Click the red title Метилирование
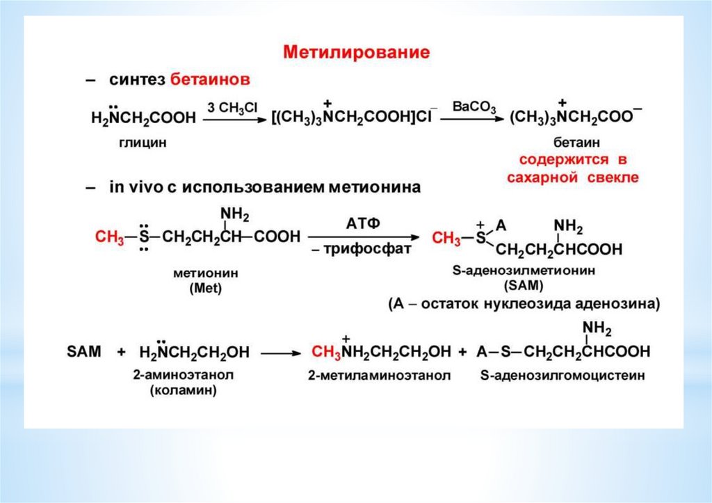(355, 52)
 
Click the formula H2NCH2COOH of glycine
(144, 119)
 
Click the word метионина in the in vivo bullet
(362, 187)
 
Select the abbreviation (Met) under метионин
(203, 289)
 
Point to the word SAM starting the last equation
(84, 352)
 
